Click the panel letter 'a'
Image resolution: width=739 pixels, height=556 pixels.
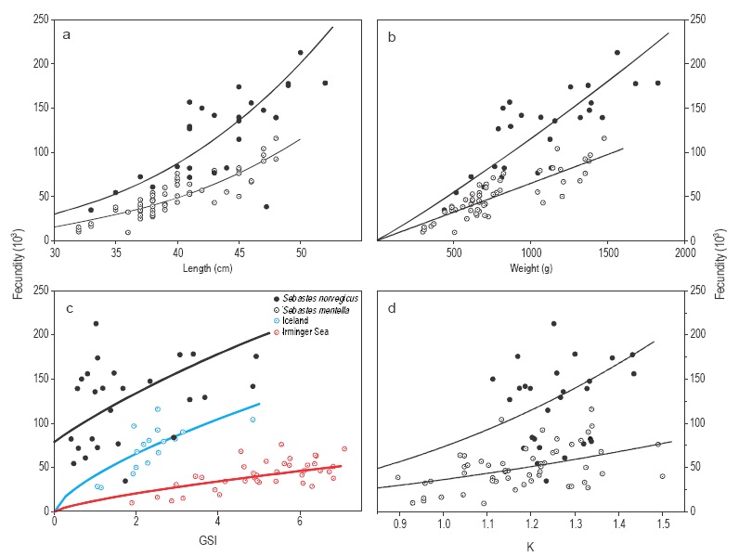pos(67,35)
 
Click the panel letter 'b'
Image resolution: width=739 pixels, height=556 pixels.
pos(390,35)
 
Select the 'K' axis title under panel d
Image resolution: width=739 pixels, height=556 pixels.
pos(530,546)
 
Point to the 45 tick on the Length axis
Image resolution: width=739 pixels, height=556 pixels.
pos(240,251)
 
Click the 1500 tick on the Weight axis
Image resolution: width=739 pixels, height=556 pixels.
pos(607,251)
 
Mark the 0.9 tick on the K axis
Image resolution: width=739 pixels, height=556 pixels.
pos(399,527)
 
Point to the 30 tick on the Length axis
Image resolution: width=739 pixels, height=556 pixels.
pos(55,251)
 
